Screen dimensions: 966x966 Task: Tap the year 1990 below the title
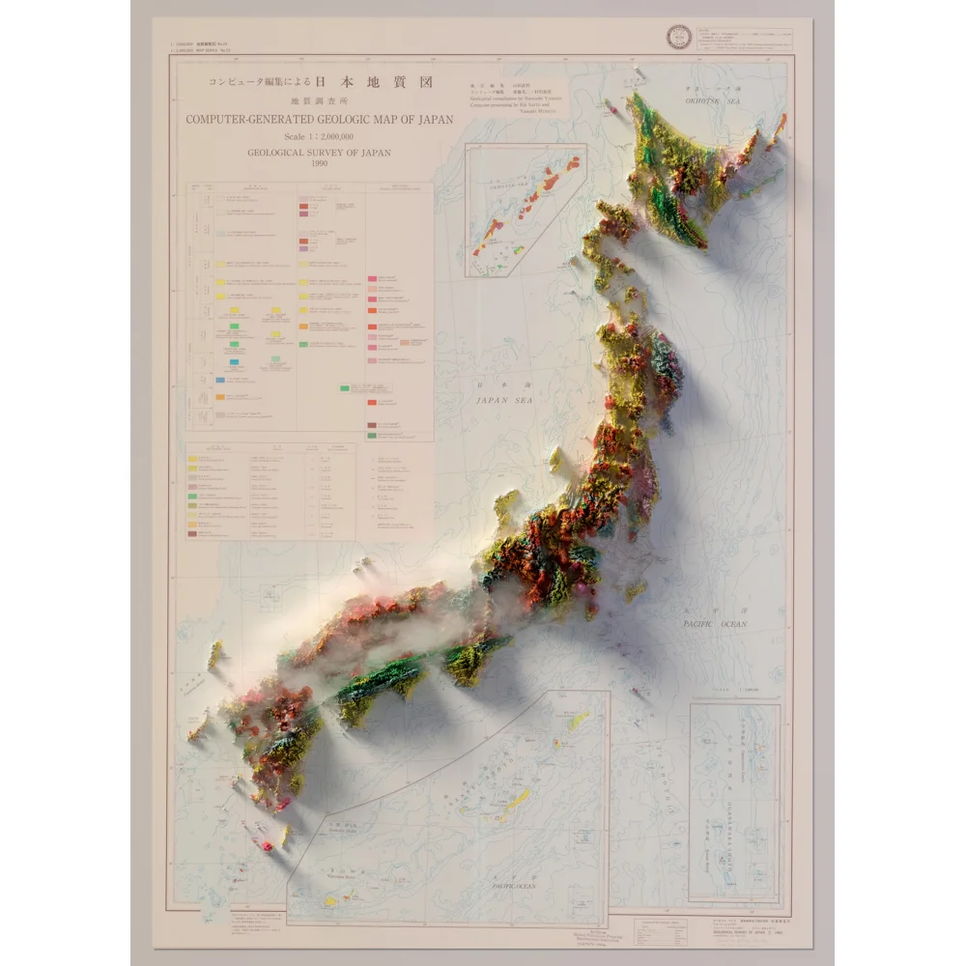pos(320,162)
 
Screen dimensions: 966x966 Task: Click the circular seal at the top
pos(673,39)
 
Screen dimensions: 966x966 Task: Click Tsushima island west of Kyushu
pos(214,655)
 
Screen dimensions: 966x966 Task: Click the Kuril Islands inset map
pos(526,209)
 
